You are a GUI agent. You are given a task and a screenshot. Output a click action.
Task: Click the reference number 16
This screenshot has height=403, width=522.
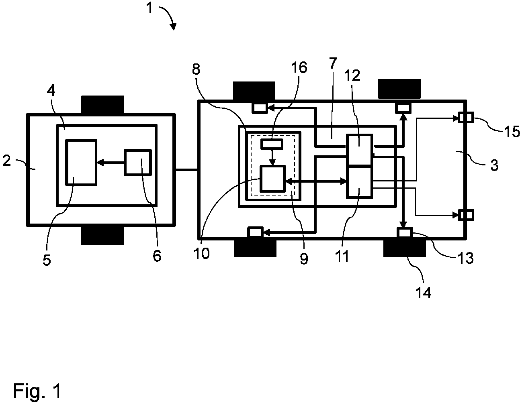pos(299,68)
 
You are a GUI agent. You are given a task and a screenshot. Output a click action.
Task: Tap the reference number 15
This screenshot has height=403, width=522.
pos(512,132)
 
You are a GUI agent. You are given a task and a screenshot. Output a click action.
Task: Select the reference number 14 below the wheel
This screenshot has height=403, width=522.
pos(424,293)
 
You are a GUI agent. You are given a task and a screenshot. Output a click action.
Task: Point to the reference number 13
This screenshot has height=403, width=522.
pos(466,258)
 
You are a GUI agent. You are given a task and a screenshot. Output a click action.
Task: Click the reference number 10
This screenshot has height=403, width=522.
pos(202,254)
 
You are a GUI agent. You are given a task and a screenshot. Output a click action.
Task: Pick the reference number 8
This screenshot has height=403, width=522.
pos(196,69)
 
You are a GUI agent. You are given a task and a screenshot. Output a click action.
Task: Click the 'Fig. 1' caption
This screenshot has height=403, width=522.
pos(37,391)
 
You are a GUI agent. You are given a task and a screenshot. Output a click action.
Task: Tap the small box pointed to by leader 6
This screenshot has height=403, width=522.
pos(138,163)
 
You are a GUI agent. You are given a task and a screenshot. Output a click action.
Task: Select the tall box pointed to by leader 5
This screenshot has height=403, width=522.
pos(82,163)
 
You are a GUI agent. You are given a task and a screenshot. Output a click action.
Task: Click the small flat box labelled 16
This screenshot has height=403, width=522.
pos(272,144)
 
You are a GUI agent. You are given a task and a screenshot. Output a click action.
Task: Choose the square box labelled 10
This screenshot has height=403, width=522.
pos(272,179)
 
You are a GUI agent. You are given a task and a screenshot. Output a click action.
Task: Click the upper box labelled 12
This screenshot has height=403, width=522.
pos(359,150)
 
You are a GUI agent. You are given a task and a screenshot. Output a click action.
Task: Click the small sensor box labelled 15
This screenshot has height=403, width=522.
pos(466,118)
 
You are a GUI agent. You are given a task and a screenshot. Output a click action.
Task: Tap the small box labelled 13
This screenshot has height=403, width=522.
pos(405,233)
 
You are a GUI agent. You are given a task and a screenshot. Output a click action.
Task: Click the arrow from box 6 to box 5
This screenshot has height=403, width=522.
pos(111,163)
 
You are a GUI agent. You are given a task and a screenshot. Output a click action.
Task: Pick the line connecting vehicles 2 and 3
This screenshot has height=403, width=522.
pos(186,170)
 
